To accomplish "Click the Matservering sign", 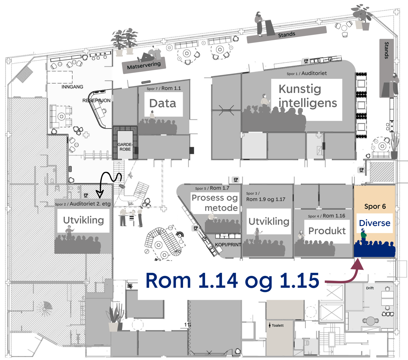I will [x=144, y=65].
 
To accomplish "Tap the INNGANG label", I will [x=72, y=87].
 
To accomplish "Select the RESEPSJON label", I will [x=96, y=100].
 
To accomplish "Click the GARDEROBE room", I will [x=125, y=147].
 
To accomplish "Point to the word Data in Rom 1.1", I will [x=163, y=103].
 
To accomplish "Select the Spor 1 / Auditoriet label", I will [x=307, y=73].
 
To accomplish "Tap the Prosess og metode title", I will [x=215, y=203].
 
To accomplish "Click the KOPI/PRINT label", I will [x=228, y=245].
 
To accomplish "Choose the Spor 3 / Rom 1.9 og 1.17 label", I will [x=265, y=197].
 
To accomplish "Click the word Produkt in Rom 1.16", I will [x=327, y=231].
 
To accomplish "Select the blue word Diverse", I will [x=375, y=223].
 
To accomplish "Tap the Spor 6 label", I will [x=375, y=206].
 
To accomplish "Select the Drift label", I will [x=370, y=288].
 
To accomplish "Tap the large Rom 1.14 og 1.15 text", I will [x=232, y=280].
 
